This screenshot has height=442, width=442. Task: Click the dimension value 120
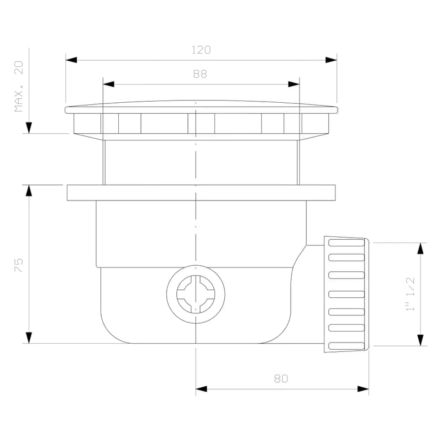(x=201, y=50)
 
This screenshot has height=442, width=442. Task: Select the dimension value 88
(x=200, y=74)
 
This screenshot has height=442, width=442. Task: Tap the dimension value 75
(x=19, y=265)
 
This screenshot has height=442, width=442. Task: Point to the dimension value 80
(x=281, y=378)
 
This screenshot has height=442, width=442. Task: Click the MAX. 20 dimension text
(x=19, y=86)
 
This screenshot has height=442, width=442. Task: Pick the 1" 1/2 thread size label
(x=410, y=294)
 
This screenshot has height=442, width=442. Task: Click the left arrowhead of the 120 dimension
(x=71, y=60)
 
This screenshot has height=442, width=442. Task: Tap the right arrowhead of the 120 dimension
(x=331, y=60)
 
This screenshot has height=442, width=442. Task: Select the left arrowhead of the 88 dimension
(x=108, y=84)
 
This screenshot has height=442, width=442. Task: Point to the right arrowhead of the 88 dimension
(x=294, y=84)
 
